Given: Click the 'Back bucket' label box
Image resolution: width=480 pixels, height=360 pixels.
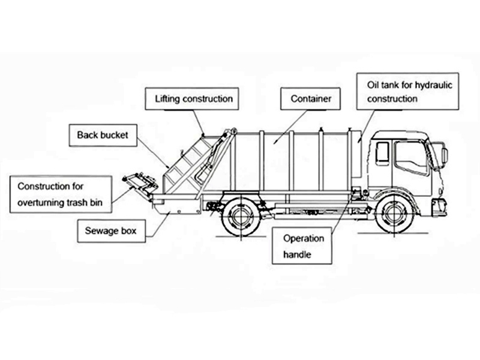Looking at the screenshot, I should coord(103,135).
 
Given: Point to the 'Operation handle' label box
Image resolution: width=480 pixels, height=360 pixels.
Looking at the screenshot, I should coord(304,247).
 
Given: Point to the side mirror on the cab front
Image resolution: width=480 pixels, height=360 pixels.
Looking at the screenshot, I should coord(445,155).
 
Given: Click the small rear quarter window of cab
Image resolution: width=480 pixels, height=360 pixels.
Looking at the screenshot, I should coord(382,154).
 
